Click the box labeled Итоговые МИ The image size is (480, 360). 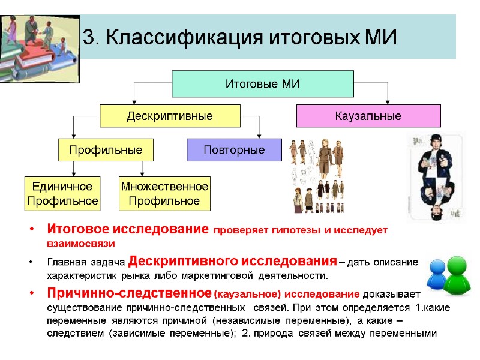pos(262,83)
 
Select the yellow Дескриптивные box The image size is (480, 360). pos(169,116)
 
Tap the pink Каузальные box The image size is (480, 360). pos(368,116)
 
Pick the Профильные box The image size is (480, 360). pos(105,149)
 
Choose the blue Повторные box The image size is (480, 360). pos(234,149)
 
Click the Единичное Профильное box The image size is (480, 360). pos(62,194)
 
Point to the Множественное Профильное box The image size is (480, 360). pos(164,194)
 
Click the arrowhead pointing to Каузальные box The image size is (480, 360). pos(388,101)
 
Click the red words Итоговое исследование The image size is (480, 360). pos(128,230)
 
